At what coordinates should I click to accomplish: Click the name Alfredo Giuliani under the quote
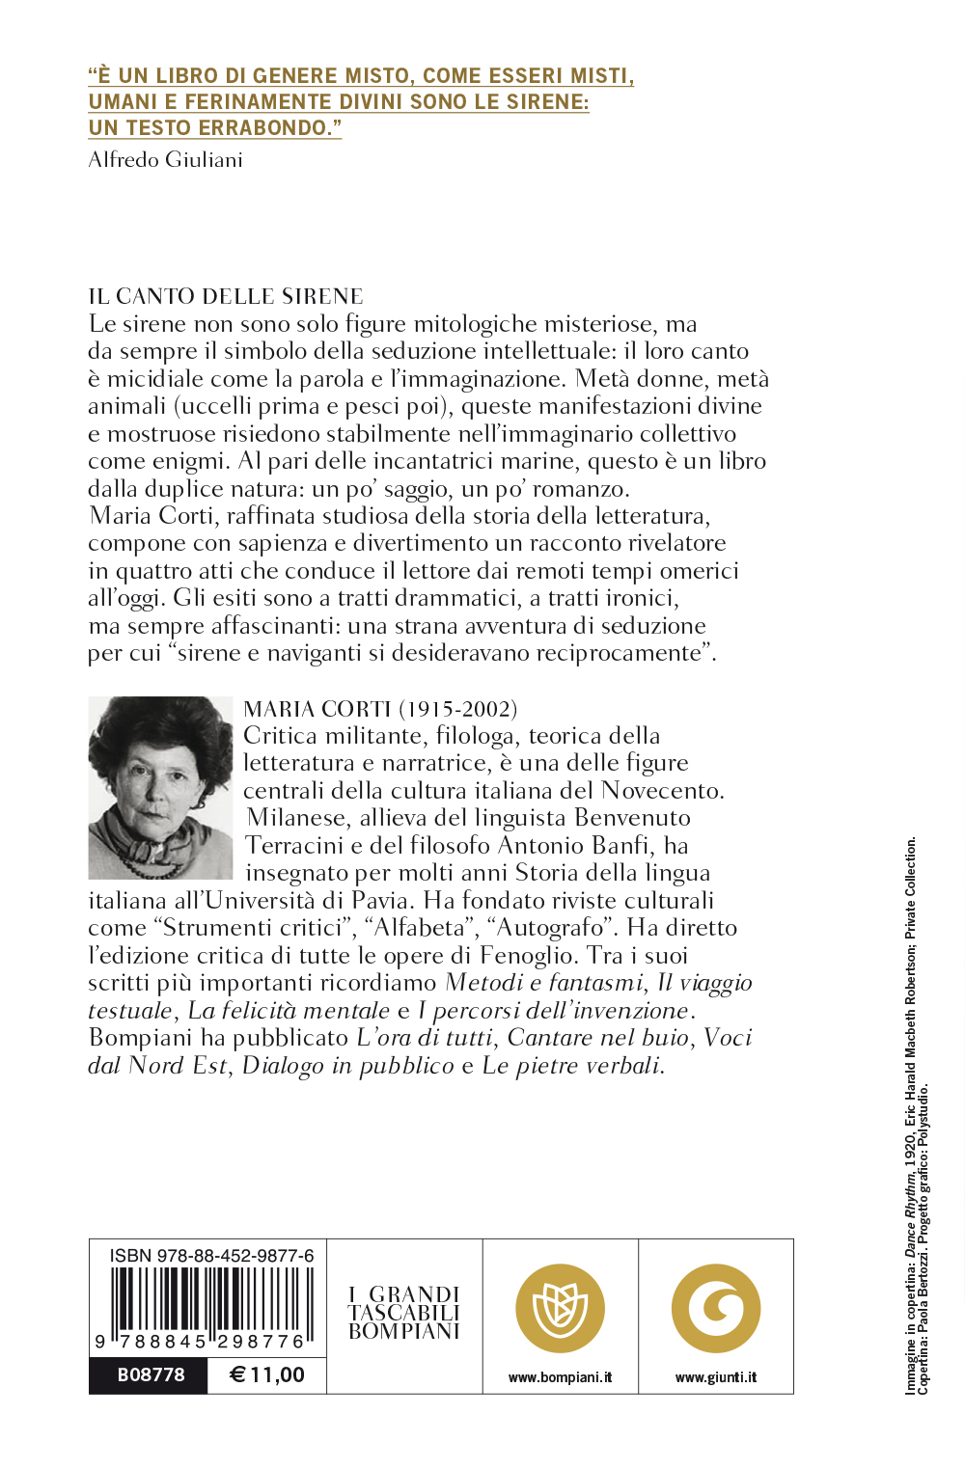point(165,160)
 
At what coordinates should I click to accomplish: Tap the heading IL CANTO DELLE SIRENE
point(226,296)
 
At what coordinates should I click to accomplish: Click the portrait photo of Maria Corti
point(160,787)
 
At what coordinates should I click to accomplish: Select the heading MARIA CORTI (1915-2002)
point(380,709)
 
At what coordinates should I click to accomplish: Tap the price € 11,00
point(267,1374)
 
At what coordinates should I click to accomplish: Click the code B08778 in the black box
point(151,1374)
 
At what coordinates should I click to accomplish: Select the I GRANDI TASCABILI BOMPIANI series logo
point(404,1313)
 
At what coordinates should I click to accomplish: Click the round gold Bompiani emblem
point(560,1309)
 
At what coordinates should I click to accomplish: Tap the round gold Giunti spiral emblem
point(716,1309)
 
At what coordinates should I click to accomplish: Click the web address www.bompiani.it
point(560,1377)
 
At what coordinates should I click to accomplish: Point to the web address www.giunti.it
point(716,1377)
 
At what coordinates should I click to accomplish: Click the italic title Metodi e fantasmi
point(544,983)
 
